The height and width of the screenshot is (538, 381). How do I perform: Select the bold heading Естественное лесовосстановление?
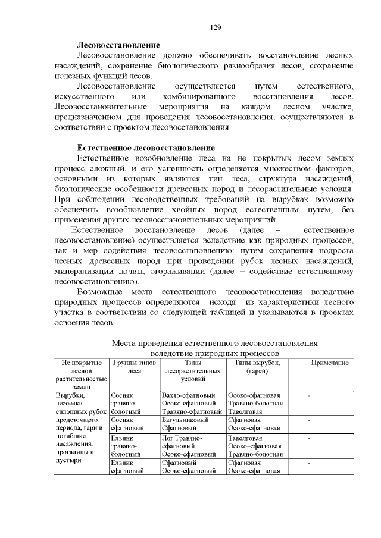(145, 147)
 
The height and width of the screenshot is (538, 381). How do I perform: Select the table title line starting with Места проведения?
(215, 344)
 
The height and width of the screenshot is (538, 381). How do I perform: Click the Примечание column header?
(330, 362)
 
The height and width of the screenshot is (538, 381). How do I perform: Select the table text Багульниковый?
(185, 420)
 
